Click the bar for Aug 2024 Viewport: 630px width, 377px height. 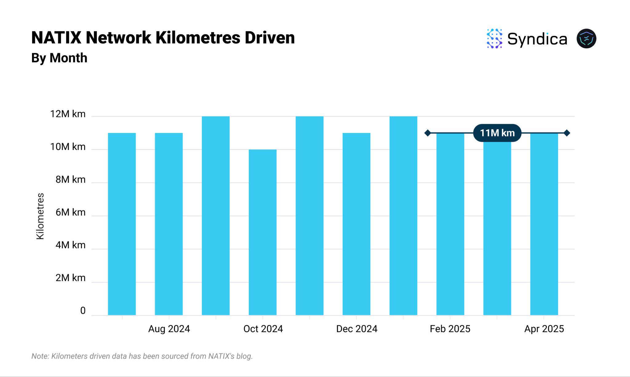(169, 224)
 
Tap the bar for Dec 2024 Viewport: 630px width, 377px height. (356, 224)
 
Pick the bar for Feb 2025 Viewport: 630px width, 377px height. (450, 224)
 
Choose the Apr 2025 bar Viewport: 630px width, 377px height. (544, 224)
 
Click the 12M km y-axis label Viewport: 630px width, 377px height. (68, 114)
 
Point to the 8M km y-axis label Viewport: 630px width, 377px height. (70, 179)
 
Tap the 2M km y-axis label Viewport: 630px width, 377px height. (70, 278)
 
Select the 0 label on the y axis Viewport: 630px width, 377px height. (83, 311)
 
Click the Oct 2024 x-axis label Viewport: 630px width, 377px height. (263, 329)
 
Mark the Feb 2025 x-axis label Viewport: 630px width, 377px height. (450, 329)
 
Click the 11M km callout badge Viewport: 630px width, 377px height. (497, 133)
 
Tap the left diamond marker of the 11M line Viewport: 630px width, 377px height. (428, 133)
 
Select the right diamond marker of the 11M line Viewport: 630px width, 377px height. (567, 133)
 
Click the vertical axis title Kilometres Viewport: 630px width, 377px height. (40, 216)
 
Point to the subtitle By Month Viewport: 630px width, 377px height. (59, 58)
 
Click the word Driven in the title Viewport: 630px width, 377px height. (270, 38)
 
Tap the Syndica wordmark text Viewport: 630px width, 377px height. (537, 39)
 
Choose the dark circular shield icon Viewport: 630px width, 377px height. (586, 39)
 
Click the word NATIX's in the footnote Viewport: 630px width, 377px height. (221, 356)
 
